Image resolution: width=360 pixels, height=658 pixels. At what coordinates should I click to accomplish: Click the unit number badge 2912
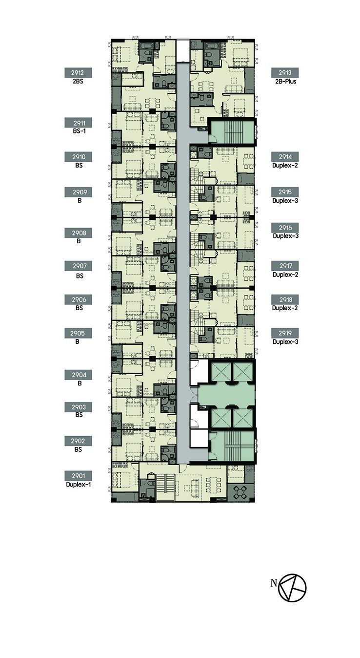tap(79, 73)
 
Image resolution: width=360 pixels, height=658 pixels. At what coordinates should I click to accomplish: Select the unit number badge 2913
tap(285, 73)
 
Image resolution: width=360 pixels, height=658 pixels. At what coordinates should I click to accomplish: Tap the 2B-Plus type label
tap(285, 82)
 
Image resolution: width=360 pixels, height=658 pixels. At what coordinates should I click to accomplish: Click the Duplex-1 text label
tap(79, 485)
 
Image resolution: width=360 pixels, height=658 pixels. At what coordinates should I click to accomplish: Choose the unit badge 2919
tap(285, 333)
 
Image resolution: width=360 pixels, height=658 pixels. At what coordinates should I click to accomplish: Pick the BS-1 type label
tap(79, 131)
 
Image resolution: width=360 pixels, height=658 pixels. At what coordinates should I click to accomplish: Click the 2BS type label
tap(78, 82)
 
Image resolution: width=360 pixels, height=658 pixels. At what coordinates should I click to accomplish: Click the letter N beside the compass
tap(274, 583)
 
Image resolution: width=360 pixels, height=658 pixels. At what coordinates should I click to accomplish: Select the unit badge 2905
tap(79, 333)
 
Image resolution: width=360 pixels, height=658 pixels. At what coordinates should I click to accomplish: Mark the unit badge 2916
tap(285, 228)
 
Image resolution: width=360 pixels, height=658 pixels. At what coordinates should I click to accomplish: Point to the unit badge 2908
tap(79, 233)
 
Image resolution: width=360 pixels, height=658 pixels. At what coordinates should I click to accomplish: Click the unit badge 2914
tap(285, 157)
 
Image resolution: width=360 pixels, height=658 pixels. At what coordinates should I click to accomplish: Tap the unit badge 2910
tap(79, 157)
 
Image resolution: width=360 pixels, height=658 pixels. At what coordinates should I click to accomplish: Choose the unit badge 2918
tap(285, 299)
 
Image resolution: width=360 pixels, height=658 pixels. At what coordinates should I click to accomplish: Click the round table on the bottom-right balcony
tap(240, 492)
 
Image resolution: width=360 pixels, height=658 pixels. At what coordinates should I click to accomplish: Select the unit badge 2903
tap(79, 407)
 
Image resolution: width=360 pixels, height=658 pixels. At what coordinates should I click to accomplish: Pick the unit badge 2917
tap(285, 266)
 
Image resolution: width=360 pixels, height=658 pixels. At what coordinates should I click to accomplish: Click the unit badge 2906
tap(79, 299)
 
